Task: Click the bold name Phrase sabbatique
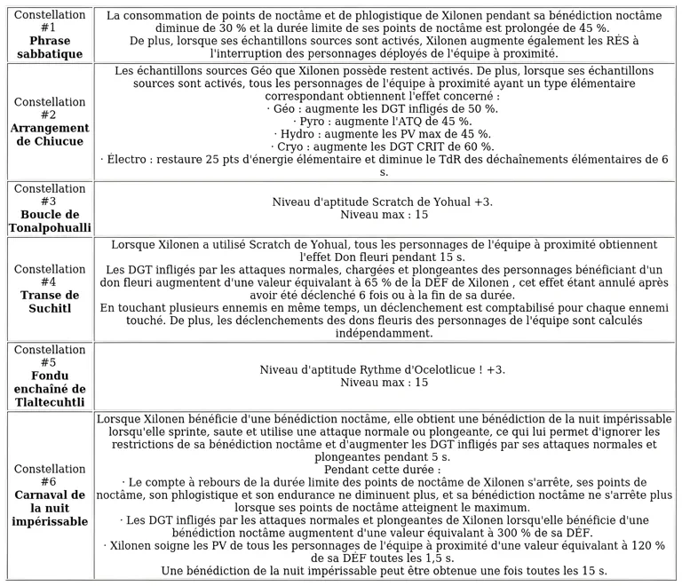(50, 48)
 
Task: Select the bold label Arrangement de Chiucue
(50, 135)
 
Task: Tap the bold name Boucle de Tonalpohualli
(50, 221)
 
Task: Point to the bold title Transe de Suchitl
(50, 302)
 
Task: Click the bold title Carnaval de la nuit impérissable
(50, 507)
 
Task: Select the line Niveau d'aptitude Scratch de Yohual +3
(384, 202)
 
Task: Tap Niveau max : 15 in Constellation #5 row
(384, 383)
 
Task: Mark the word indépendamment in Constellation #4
(384, 334)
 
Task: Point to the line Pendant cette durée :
(384, 470)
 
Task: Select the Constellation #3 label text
(50, 195)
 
